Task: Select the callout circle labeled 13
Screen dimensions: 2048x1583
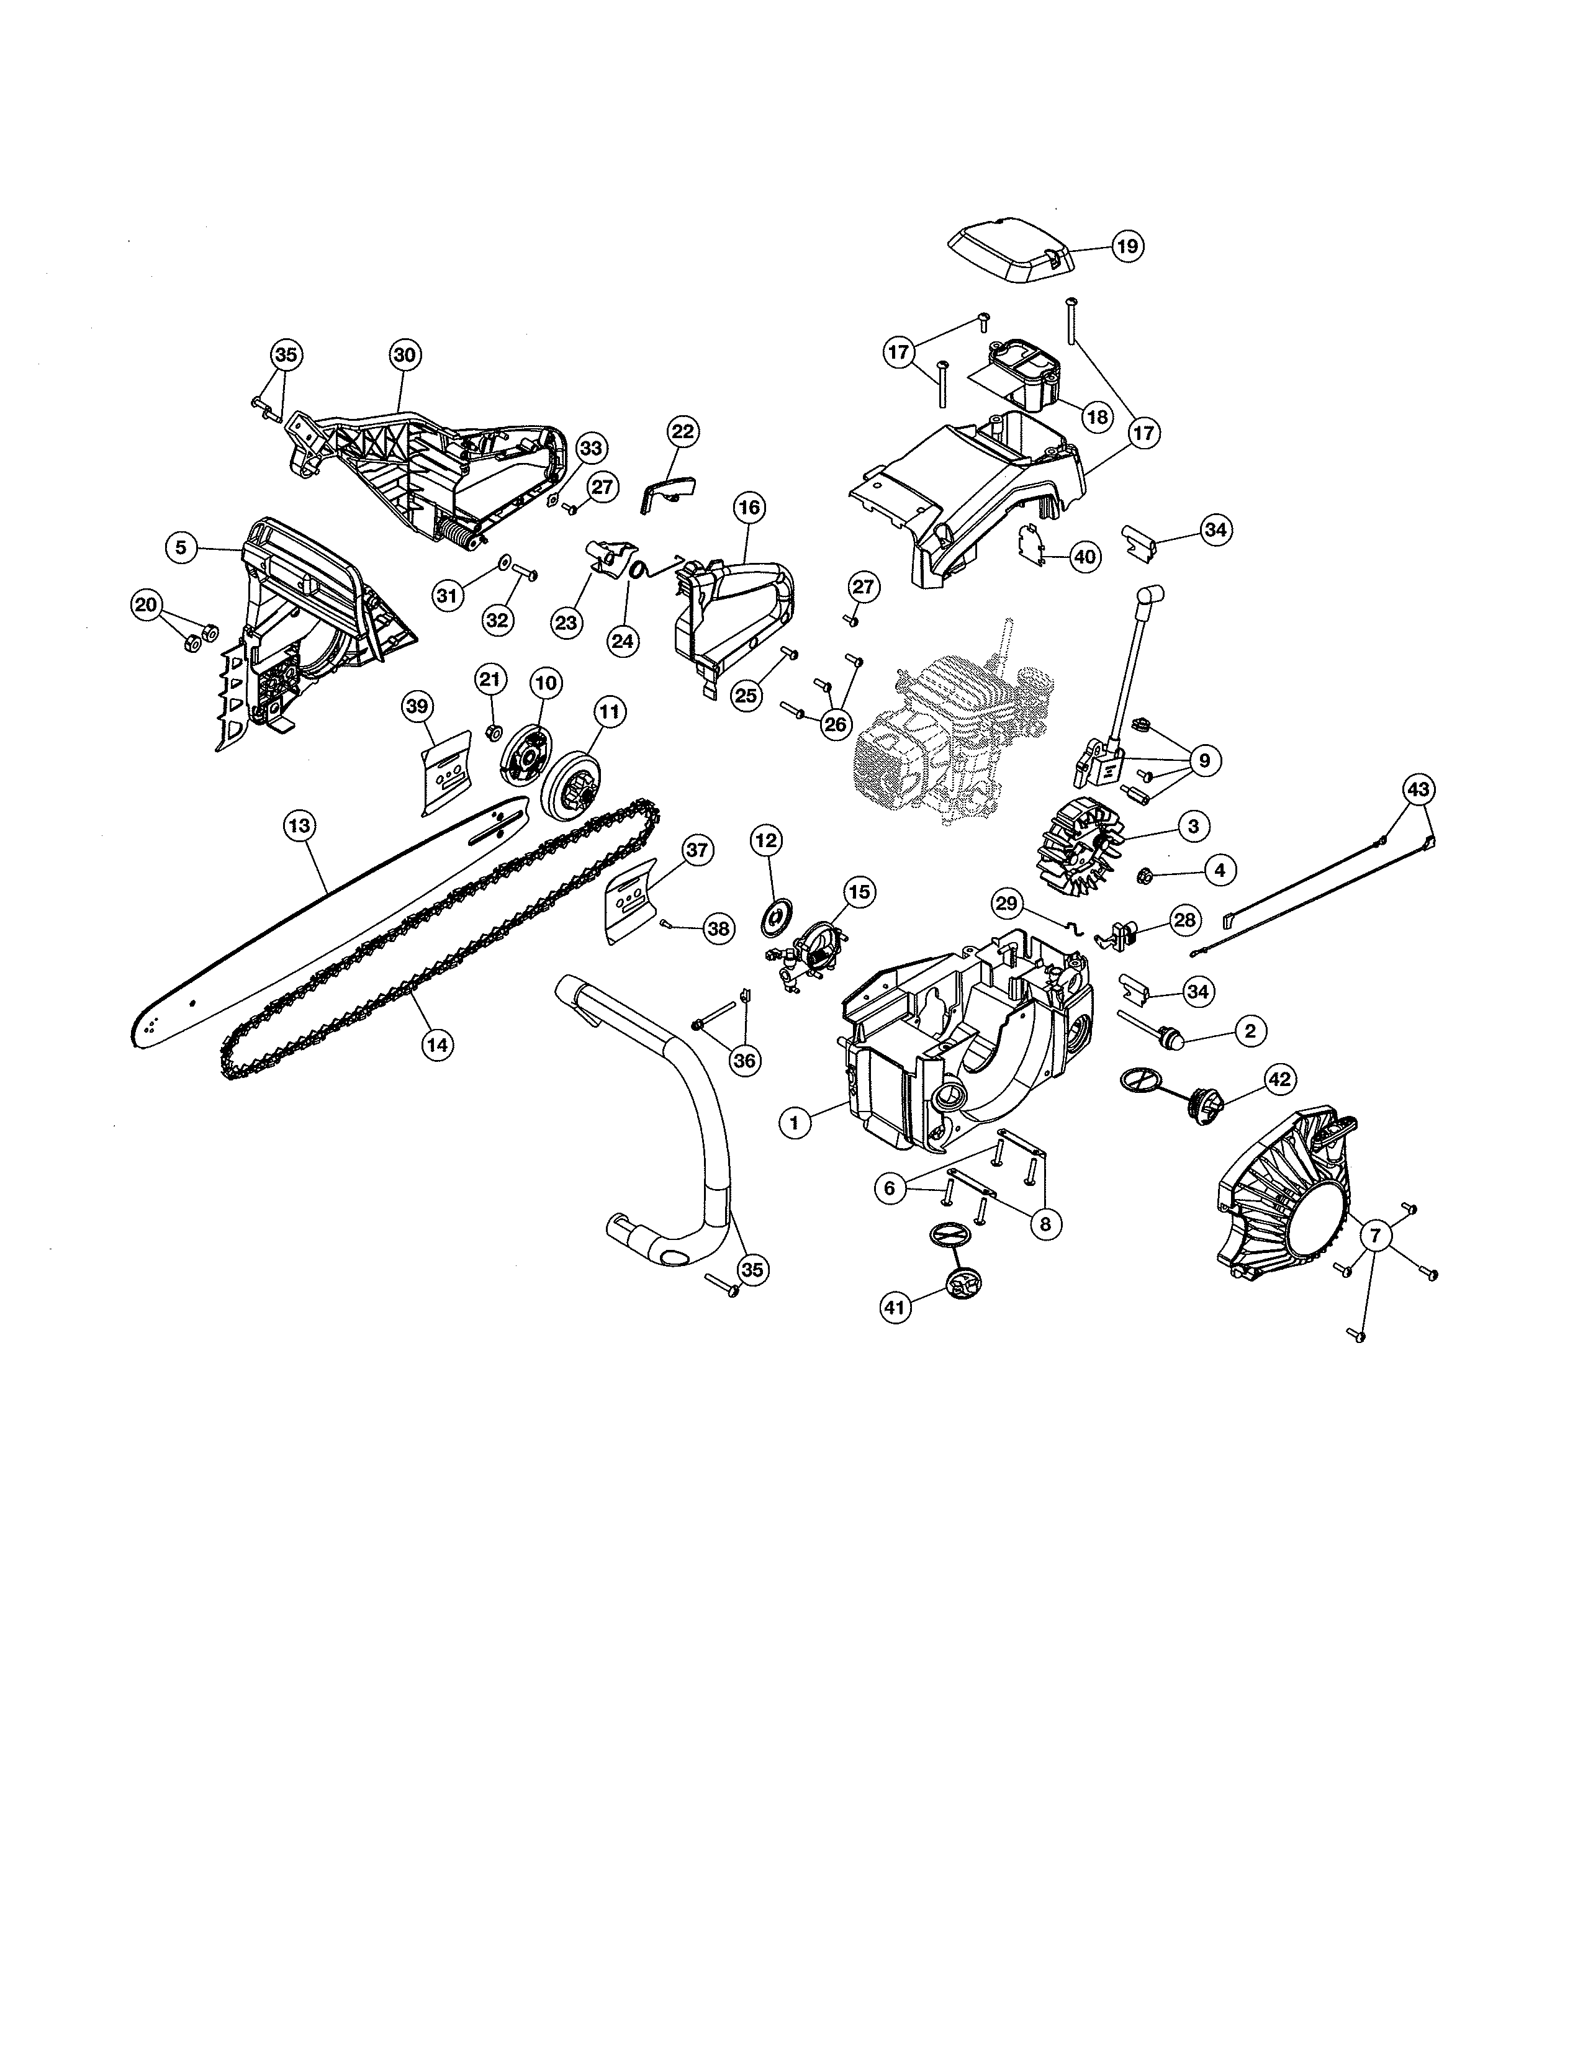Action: pos(299,826)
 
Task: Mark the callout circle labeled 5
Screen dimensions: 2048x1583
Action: pos(181,547)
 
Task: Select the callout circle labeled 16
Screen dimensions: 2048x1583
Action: pos(749,508)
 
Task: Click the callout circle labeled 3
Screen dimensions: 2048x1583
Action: pos(1193,826)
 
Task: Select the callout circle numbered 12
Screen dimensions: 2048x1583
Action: pos(766,841)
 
